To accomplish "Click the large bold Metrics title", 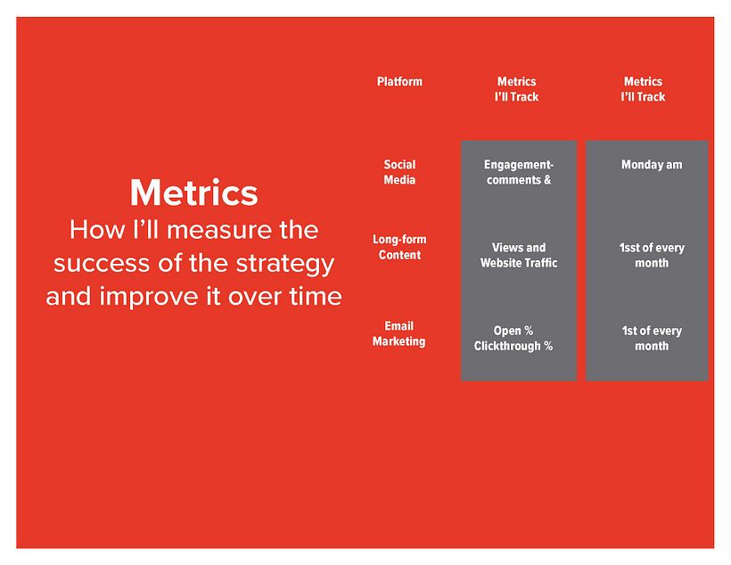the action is coord(194,193).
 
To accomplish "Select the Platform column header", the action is coord(399,82).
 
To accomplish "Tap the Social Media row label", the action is coord(399,172).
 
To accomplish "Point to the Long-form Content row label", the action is coord(399,247).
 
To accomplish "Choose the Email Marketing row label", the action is coord(399,334).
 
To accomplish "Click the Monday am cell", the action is coord(652,165).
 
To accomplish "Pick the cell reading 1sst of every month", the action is coord(652,256).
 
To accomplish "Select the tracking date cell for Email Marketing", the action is coord(652,339).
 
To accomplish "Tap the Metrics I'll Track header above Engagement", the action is coord(516,89).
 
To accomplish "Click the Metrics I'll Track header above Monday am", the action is coord(644,89).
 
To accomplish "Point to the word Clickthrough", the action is coord(507,347).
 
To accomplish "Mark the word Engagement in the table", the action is coord(517,165).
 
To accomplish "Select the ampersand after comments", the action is coord(547,180).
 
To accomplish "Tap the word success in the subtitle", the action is coord(102,264).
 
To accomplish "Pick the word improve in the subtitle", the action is coord(149,297).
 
